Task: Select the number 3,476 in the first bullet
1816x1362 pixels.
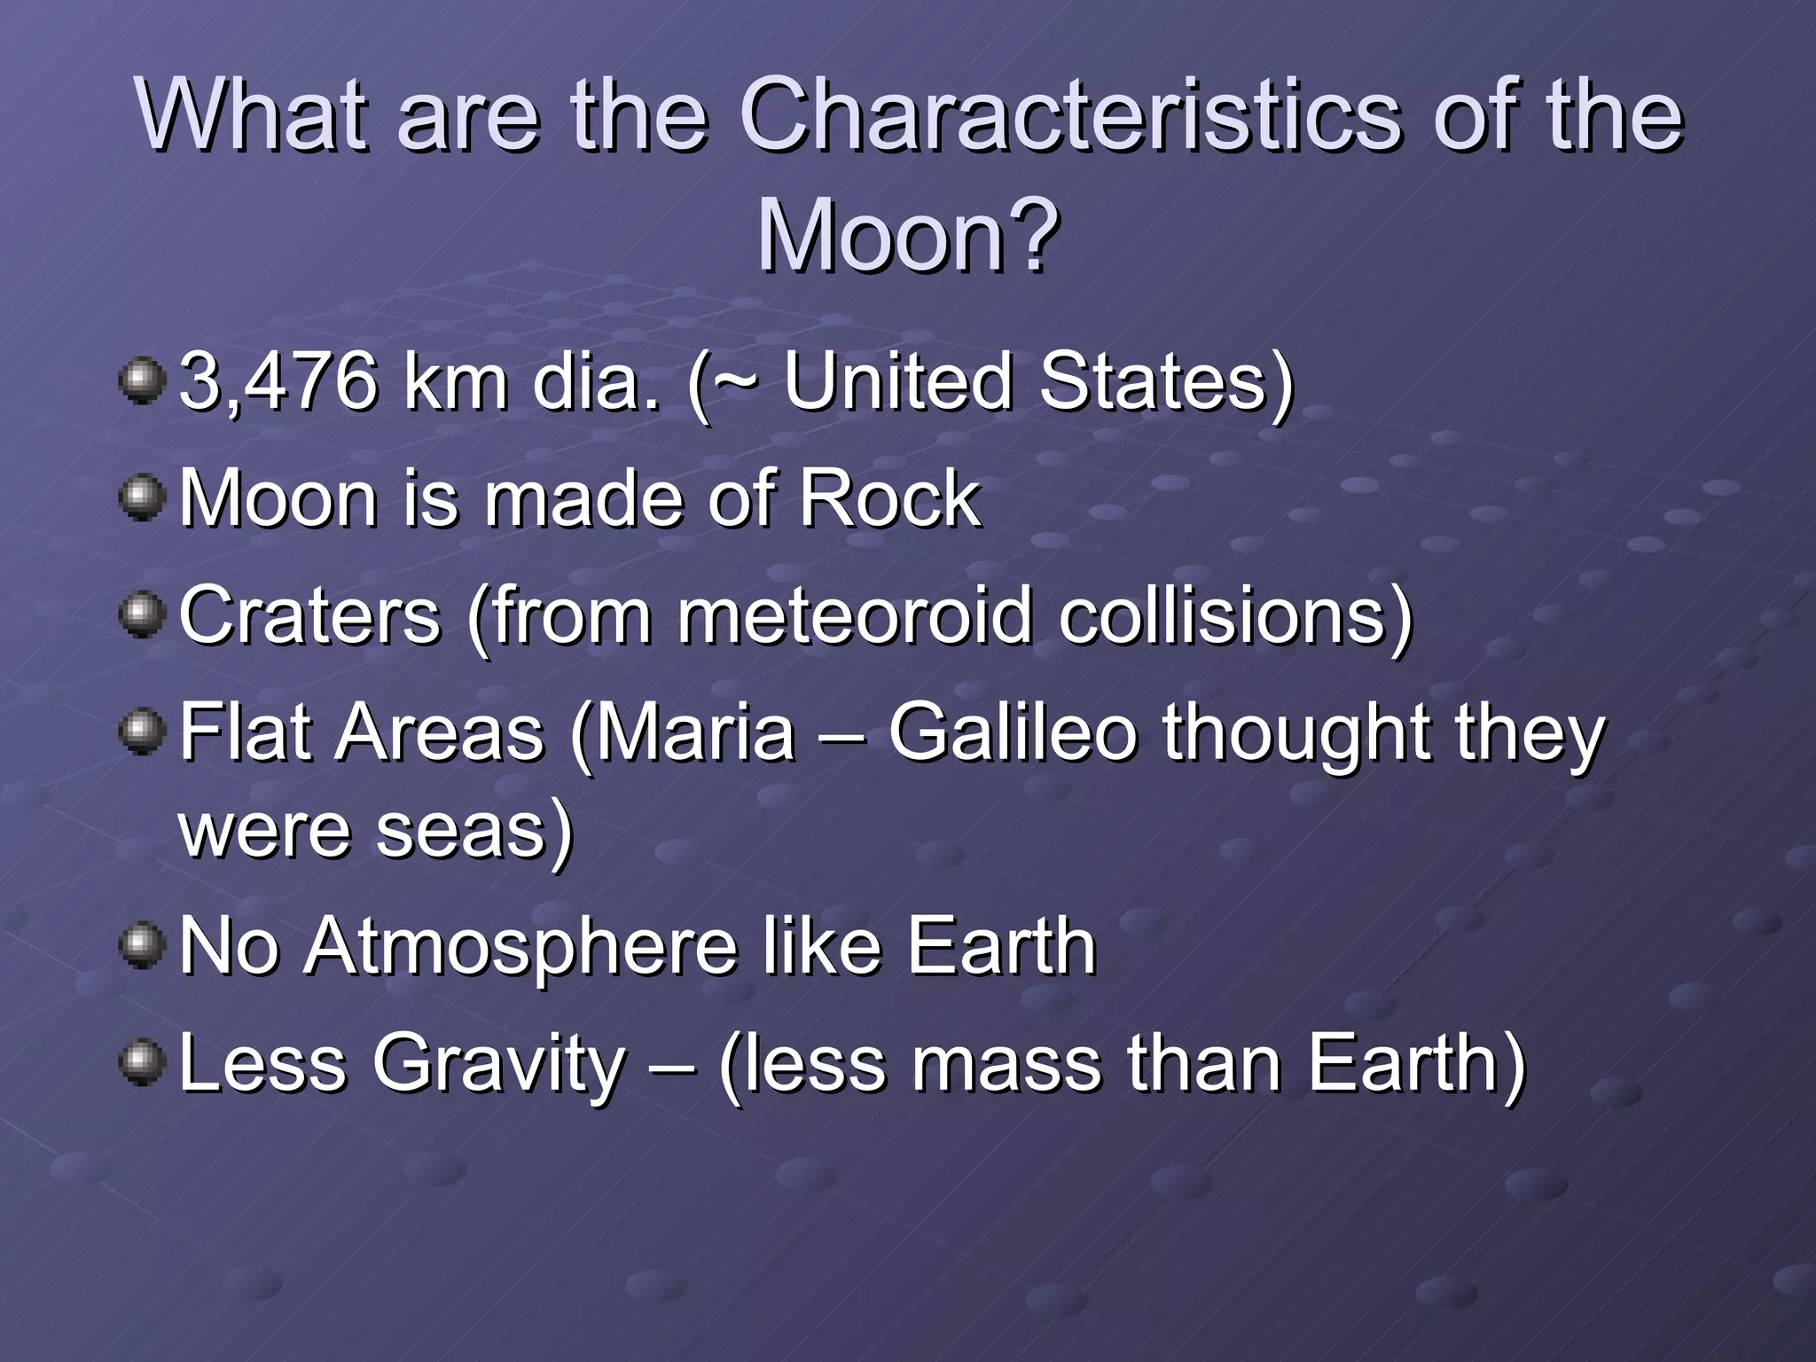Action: click(278, 382)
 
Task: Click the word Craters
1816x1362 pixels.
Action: click(309, 616)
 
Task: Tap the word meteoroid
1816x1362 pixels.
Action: click(855, 616)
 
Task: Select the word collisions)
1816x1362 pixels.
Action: click(1235, 616)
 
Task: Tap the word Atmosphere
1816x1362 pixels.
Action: click(521, 947)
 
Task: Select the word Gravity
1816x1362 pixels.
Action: click(499, 1064)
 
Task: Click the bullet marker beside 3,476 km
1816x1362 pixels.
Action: click(142, 382)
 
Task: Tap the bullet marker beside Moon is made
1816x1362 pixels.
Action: click(142, 498)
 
